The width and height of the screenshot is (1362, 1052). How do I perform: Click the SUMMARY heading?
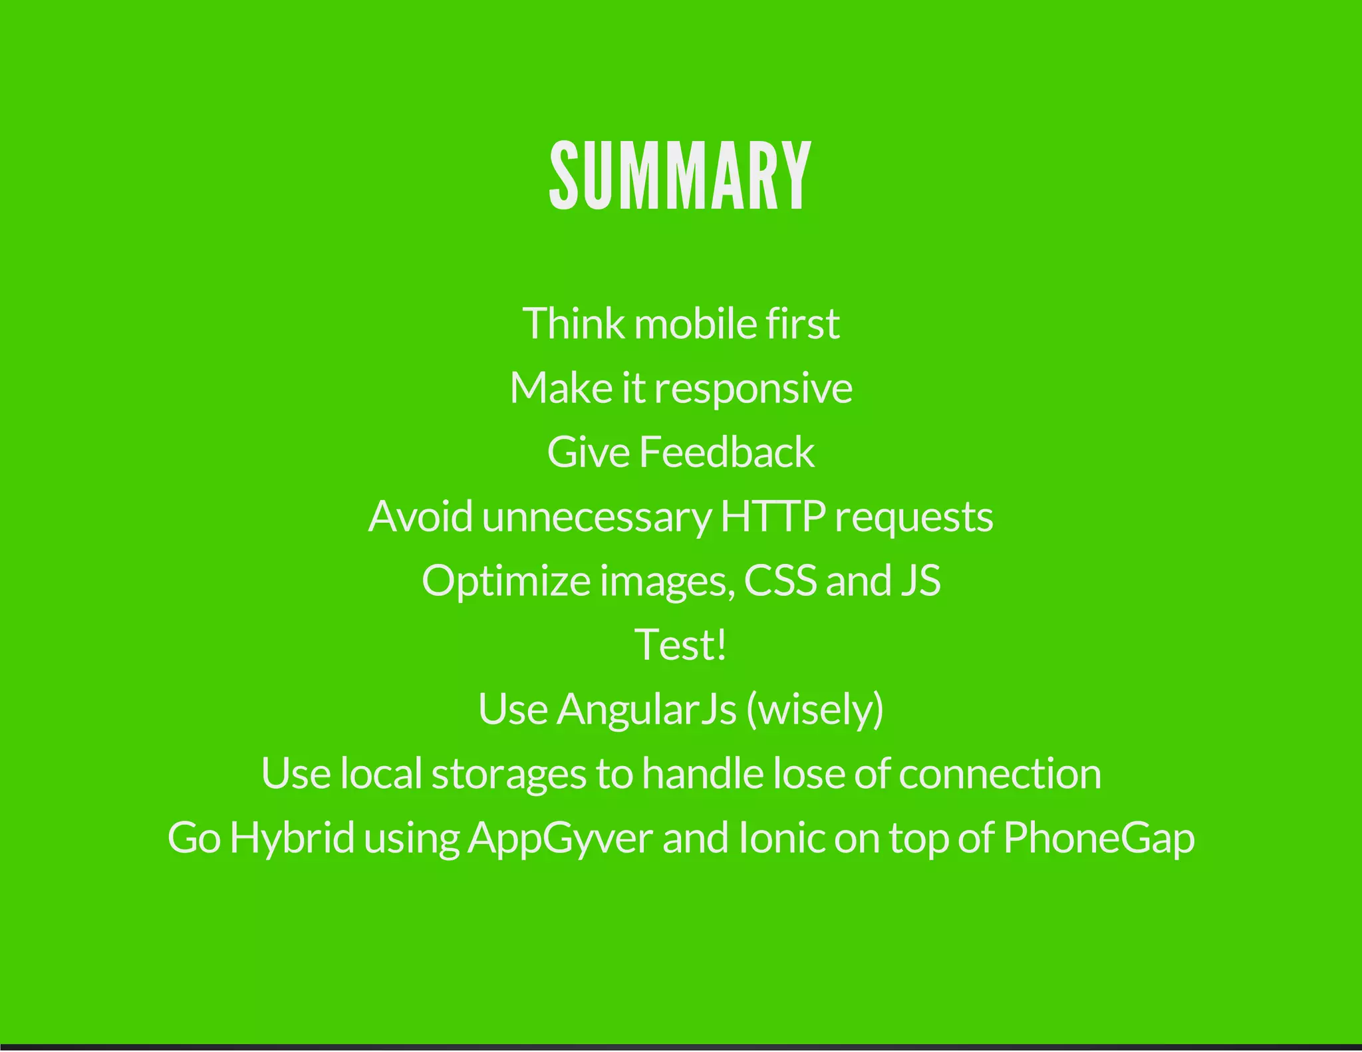point(680,176)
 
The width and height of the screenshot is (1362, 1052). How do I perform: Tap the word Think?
point(573,324)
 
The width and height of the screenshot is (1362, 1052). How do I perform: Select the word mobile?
point(695,324)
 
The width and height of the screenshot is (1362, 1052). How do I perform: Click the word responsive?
point(753,389)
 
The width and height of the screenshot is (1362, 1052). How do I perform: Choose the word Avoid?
point(420,517)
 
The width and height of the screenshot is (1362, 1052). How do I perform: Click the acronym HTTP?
point(773,517)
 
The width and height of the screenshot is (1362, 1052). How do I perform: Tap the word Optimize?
point(506,581)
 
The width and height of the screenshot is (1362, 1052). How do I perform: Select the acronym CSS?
point(779,581)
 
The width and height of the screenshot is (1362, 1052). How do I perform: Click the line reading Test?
point(680,644)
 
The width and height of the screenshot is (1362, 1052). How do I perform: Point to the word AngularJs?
point(646,709)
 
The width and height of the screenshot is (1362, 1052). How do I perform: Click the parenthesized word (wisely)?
point(815,710)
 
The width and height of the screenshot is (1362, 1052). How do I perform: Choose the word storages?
point(509,775)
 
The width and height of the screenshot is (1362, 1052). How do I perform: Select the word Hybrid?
point(292,839)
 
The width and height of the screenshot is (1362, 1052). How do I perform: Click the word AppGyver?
point(560,839)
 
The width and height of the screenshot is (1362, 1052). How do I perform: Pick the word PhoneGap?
point(1099,839)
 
